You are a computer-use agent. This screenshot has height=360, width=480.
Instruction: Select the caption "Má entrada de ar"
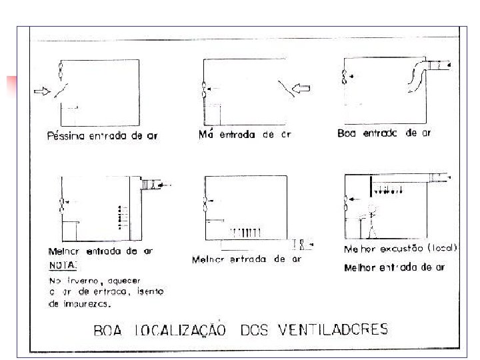point(245,135)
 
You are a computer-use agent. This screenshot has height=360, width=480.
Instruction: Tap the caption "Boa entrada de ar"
point(384,133)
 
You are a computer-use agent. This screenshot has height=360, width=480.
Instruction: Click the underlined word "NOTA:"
point(60,265)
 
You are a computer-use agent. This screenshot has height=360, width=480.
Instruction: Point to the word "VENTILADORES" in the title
point(340,329)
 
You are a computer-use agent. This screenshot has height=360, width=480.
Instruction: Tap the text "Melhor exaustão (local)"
point(400,248)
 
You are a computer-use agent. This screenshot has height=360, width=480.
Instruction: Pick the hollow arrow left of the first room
point(42,91)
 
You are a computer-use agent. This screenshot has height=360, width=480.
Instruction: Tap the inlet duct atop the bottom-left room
point(151,185)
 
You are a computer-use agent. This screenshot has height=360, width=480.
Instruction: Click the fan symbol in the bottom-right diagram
point(345,199)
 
